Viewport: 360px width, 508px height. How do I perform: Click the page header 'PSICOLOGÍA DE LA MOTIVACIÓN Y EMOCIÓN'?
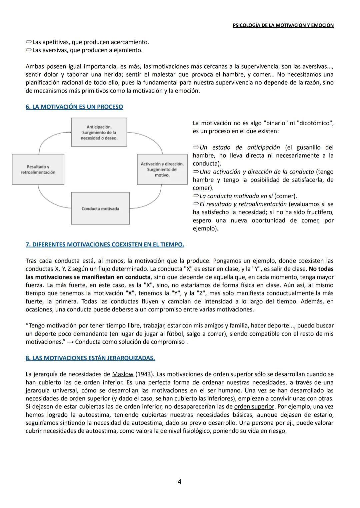tap(283, 25)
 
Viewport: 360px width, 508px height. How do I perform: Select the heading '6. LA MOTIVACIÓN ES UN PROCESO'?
tap(74, 107)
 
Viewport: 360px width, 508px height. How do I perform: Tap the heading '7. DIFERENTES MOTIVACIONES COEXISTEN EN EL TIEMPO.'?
tap(105, 245)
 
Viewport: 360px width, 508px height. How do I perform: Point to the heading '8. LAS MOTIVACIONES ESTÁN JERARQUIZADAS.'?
tap(90, 358)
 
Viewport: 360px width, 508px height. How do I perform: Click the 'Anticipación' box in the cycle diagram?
tap(99, 132)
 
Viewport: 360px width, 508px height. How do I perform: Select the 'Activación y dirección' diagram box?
tap(162, 169)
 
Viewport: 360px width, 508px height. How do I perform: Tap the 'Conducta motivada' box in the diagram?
tap(100, 209)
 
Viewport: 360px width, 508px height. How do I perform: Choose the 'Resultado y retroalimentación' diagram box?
tap(38, 169)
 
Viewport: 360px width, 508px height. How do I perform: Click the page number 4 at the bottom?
tap(180, 482)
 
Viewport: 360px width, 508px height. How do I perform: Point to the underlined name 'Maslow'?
tap(123, 374)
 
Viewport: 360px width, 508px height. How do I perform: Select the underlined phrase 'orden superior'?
tap(254, 407)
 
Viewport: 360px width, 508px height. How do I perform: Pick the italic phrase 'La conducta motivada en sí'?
tap(236, 196)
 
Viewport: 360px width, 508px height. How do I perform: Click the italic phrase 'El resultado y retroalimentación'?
tap(243, 204)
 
